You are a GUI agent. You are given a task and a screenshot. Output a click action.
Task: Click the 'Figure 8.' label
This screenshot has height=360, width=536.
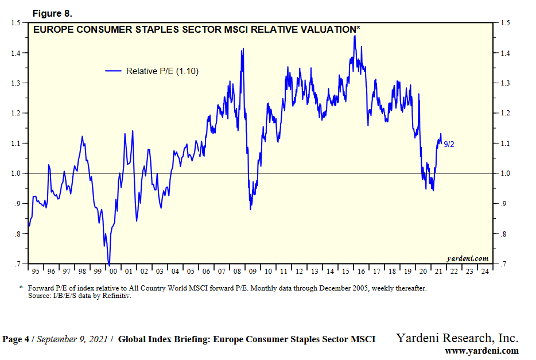[x=52, y=13]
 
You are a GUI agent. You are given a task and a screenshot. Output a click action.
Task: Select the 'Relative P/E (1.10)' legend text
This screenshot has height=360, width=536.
[x=162, y=71]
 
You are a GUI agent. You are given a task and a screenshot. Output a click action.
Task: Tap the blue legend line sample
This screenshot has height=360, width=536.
[x=113, y=71]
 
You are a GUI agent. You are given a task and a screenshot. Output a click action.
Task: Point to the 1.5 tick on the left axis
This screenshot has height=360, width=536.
[x=16, y=23]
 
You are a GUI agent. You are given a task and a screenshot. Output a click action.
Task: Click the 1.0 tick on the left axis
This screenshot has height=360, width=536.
[x=16, y=173]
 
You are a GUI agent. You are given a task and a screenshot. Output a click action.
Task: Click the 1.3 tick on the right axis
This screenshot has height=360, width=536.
[x=505, y=83]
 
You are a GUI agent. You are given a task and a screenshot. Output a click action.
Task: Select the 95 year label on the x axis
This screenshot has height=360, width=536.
[x=36, y=271]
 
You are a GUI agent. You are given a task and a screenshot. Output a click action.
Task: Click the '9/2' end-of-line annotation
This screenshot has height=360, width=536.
[x=449, y=144]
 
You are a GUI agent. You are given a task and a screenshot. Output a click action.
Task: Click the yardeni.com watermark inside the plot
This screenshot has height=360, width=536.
[x=467, y=258]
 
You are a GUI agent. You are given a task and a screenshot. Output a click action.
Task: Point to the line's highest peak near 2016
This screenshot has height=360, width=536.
[x=355, y=36]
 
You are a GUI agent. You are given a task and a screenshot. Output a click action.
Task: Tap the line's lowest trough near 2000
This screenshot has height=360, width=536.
[x=109, y=263]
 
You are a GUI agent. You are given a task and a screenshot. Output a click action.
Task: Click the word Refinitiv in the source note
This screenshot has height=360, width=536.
[x=118, y=296]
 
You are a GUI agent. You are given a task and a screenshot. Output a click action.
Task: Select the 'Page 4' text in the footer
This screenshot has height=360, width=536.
[x=15, y=339]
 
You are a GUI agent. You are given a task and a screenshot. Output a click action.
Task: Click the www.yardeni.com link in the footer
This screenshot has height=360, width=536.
[x=481, y=351]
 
